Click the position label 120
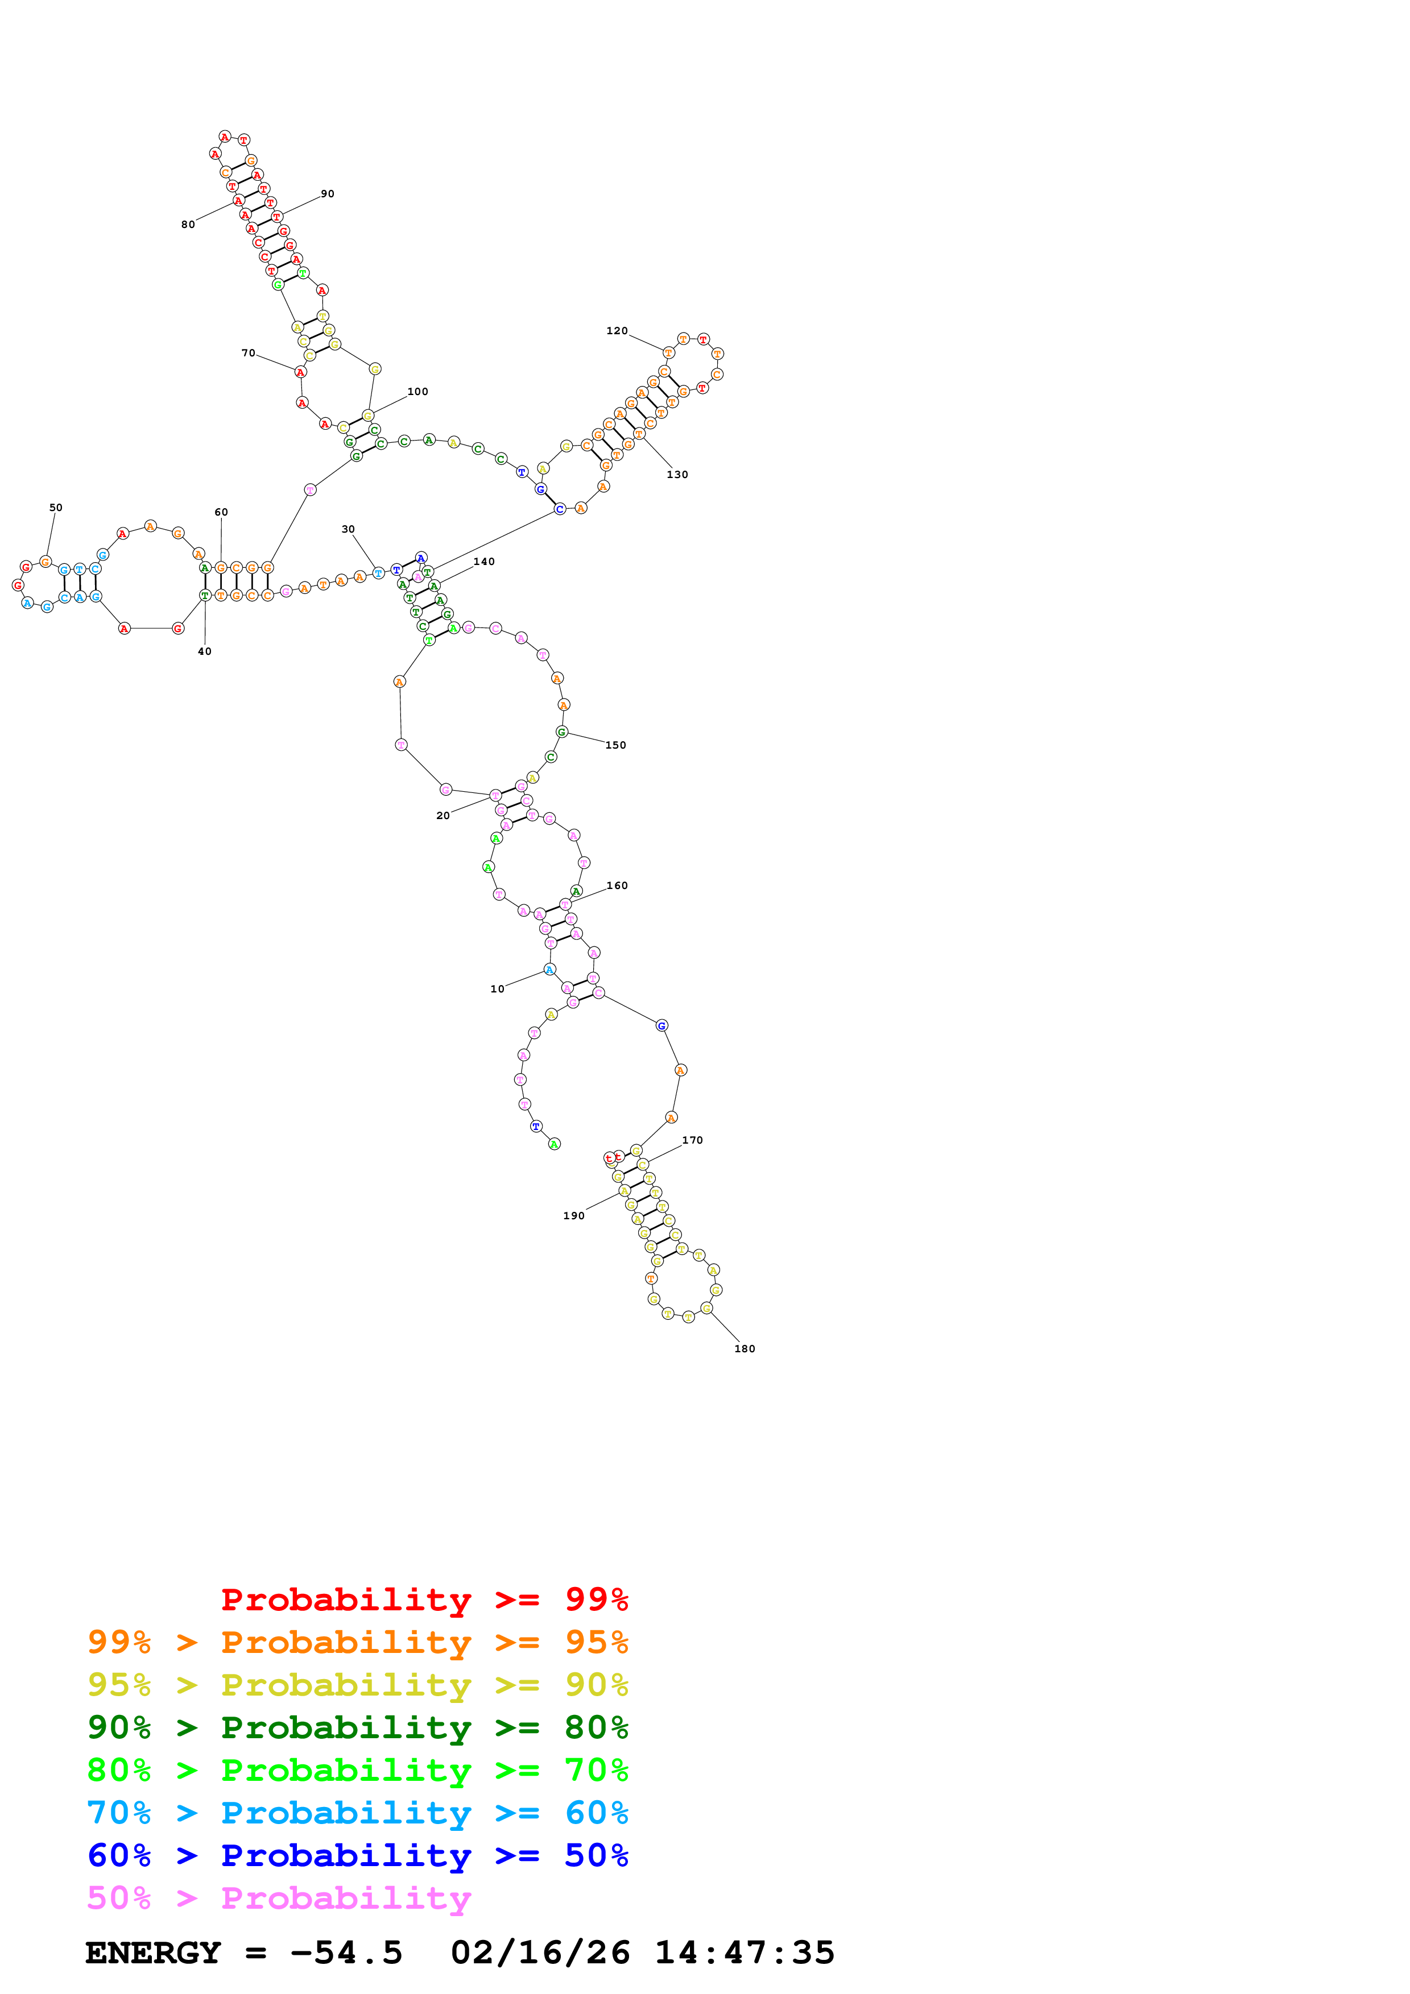pos(616,331)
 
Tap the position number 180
pos(745,1349)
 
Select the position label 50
pos(56,508)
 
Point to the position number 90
pos(328,194)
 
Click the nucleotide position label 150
pos(616,745)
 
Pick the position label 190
pos(573,1216)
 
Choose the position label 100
pos(418,392)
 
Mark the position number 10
pos(497,989)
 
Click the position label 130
pos(677,475)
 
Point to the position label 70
pos(249,354)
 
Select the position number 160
pos(617,886)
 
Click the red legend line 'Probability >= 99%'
pos(424,1600)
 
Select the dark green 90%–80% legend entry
pos(357,1727)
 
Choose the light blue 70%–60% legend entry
pos(357,1813)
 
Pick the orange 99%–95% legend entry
pos(357,1642)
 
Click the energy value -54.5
pos(346,1953)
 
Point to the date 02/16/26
pos(540,1953)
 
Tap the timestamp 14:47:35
pos(745,1953)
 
